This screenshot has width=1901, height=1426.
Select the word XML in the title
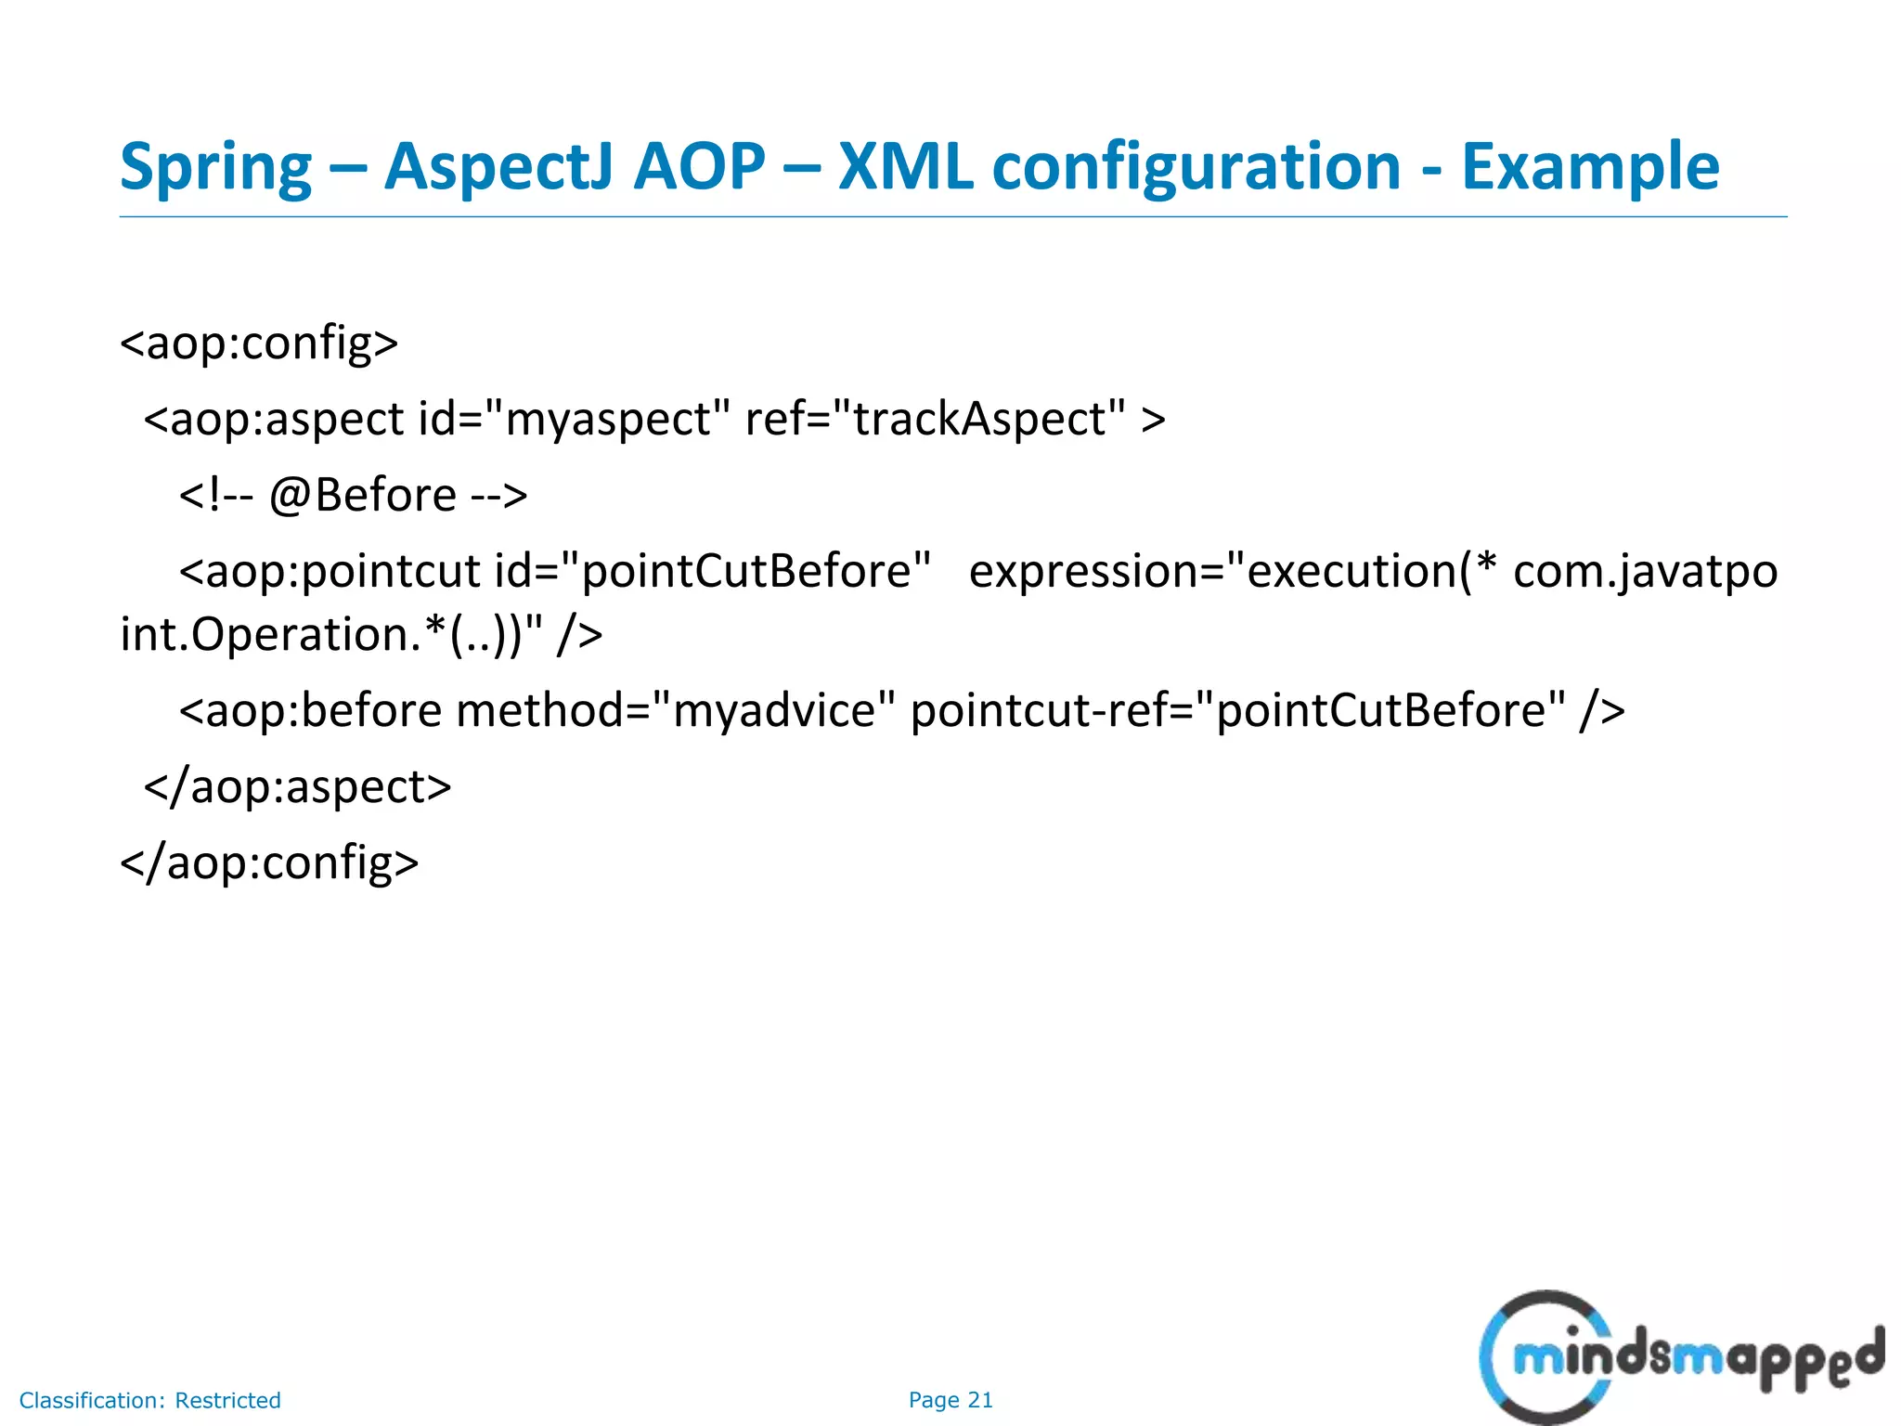(x=905, y=167)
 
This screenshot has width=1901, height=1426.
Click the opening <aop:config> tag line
(x=259, y=343)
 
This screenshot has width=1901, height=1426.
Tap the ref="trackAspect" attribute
(x=935, y=419)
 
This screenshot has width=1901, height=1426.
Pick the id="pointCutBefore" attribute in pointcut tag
(x=712, y=571)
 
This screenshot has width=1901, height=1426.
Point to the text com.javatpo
(x=1645, y=571)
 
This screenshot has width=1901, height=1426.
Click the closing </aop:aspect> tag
(x=297, y=787)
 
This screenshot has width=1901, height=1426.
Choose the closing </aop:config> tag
(x=269, y=862)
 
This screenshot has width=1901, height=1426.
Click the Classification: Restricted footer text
(x=149, y=1400)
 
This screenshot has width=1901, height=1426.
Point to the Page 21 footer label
(x=950, y=1400)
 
